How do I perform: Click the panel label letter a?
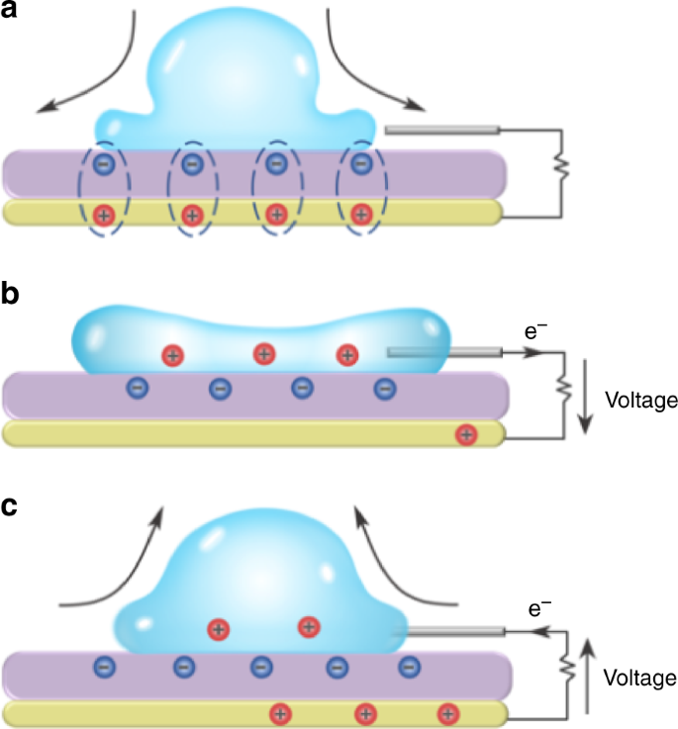(14, 14)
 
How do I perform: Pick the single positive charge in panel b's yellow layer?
(464, 433)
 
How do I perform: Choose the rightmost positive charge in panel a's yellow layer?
(361, 213)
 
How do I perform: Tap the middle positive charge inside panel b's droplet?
(263, 353)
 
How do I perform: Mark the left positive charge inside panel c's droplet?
(219, 629)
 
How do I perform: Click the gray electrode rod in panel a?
(441, 129)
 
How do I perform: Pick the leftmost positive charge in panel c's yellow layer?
(280, 712)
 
